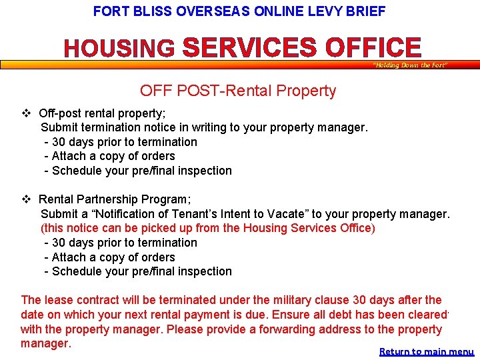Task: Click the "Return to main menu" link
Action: [x=427, y=351]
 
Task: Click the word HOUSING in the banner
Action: [x=119, y=49]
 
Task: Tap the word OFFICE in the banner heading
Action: [x=373, y=48]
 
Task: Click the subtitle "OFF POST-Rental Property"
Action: [x=238, y=91]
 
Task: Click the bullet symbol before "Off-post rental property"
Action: [x=26, y=113]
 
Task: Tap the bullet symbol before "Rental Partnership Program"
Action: [x=26, y=199]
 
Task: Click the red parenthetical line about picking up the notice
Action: [x=208, y=228]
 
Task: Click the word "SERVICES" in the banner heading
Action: [x=251, y=48]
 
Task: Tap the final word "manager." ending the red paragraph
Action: [x=45, y=343]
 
